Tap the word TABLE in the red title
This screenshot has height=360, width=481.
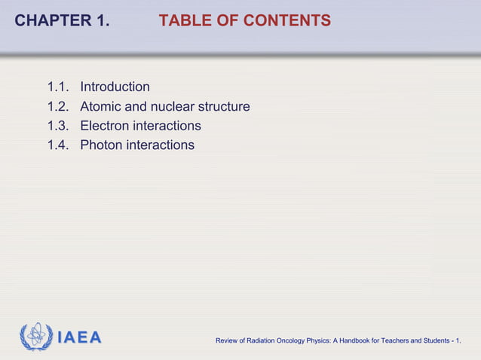182,21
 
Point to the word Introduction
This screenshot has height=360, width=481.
115,87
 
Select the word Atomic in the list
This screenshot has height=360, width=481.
102,107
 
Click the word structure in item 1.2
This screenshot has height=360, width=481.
224,107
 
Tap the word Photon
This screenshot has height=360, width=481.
102,145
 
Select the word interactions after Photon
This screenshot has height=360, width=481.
161,145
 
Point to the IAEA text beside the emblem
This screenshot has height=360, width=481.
79,337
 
